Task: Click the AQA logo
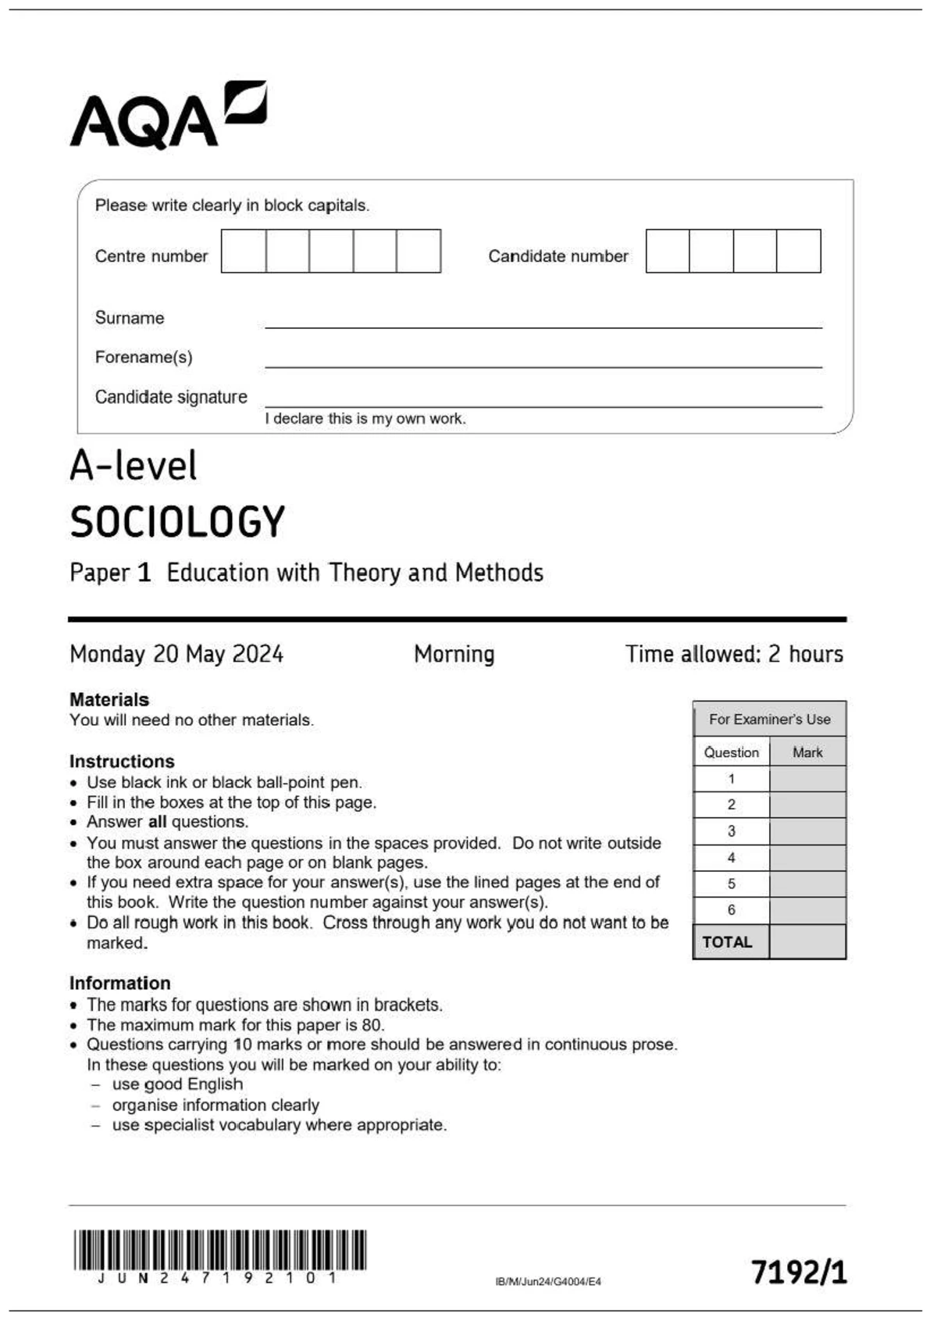point(168,116)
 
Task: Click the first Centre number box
point(244,251)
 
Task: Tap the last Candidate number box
point(799,251)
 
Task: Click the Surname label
point(130,318)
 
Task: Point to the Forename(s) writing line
point(543,362)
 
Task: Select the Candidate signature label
point(171,397)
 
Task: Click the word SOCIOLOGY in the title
point(178,522)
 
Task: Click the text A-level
point(134,466)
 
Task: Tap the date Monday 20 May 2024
point(176,654)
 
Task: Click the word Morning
point(454,654)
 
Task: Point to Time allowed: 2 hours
point(734,654)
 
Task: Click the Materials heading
point(109,699)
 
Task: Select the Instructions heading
point(122,761)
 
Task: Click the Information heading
point(119,983)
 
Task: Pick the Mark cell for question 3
point(807,831)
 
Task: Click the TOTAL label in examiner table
point(728,942)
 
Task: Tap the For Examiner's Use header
point(769,719)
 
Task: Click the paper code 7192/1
point(799,1272)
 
